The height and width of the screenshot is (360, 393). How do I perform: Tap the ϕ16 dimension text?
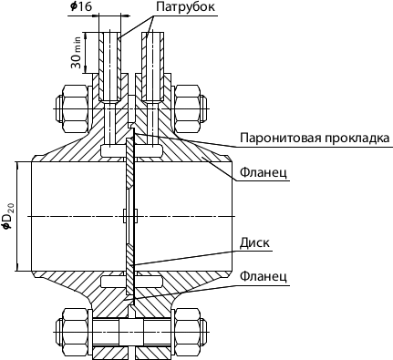coord(81,7)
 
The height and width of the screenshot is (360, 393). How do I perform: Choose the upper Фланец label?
coord(264,171)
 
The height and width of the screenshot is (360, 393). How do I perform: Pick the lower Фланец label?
coord(264,275)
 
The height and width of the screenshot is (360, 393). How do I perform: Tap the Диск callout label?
coord(254,243)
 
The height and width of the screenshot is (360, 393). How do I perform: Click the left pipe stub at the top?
coord(109,64)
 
